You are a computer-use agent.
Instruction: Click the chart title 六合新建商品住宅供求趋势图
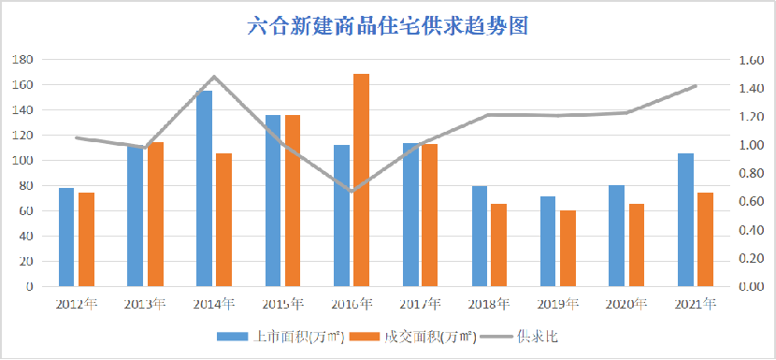coord(388,26)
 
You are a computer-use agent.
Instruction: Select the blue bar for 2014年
coord(204,188)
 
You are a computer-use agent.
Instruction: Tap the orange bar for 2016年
coord(361,180)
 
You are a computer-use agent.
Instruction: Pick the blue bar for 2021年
coord(685,220)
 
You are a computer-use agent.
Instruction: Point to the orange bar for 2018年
coord(498,245)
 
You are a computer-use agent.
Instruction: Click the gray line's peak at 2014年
coord(214,77)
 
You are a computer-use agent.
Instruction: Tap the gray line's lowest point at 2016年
coord(352,191)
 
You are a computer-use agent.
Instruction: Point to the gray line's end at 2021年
coord(696,86)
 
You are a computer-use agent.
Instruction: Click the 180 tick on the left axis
coord(22,59)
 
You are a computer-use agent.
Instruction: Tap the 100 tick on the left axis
coord(22,160)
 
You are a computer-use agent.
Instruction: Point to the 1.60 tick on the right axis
coord(751,60)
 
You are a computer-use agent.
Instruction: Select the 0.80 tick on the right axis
coord(751,173)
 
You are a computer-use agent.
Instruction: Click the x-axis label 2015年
coord(283,304)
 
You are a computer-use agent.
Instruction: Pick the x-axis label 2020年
coord(626,304)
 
